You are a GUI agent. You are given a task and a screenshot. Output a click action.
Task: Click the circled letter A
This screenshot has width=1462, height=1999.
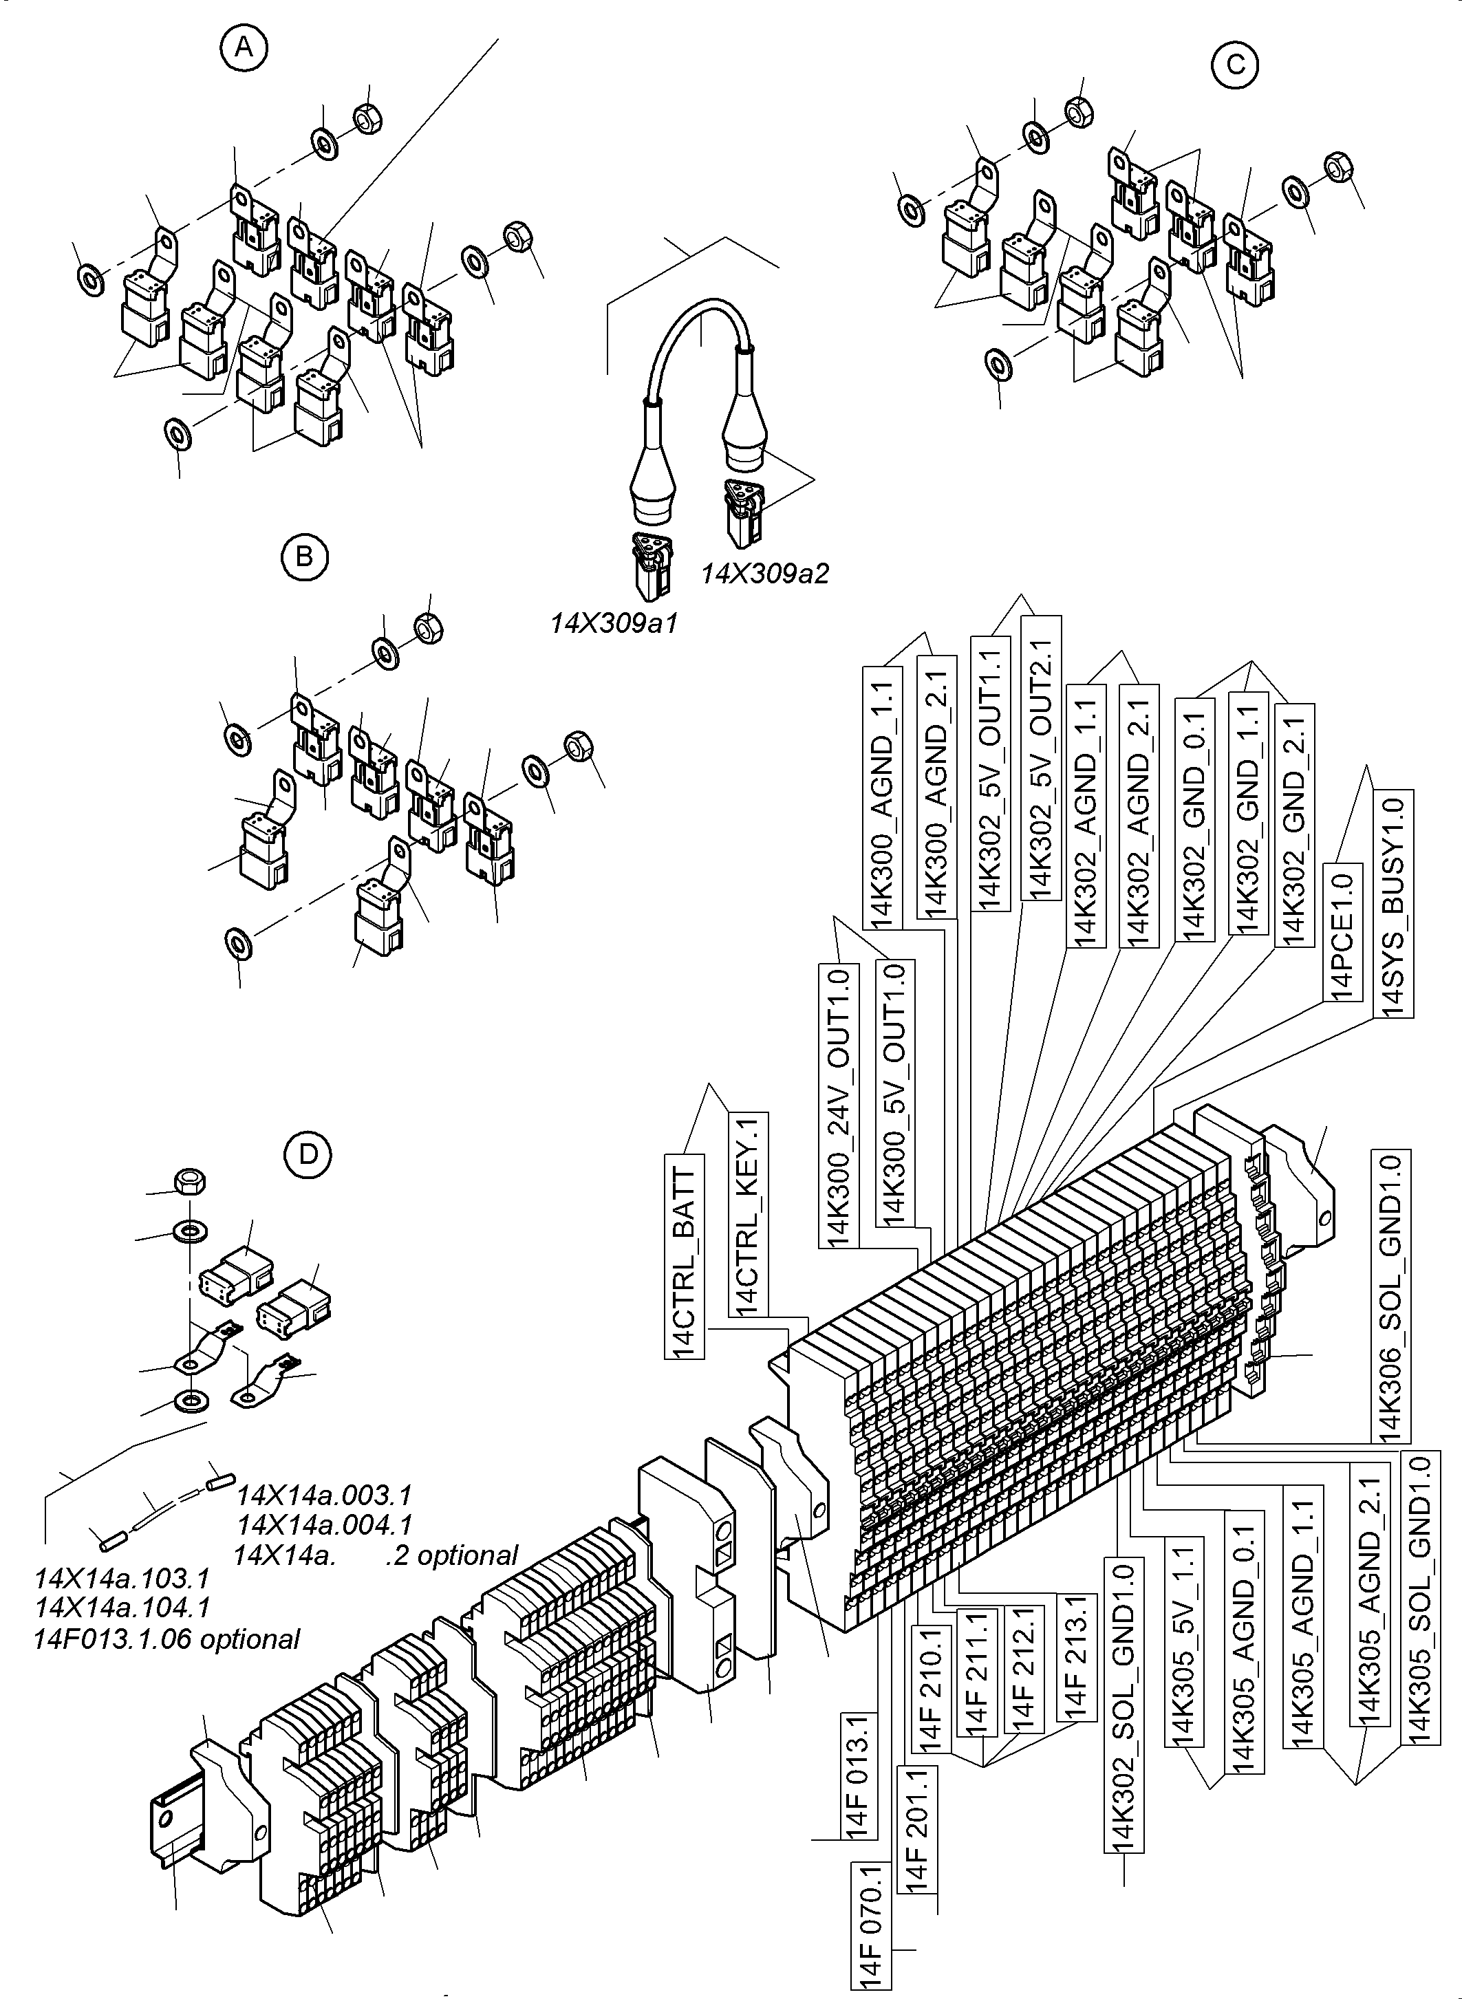[244, 50]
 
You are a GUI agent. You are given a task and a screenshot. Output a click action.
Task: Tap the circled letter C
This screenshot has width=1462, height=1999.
[1236, 65]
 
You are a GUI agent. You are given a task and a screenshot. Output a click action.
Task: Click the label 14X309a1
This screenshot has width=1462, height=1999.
[613, 624]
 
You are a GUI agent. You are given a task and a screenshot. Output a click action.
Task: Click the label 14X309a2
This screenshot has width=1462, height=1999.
[764, 574]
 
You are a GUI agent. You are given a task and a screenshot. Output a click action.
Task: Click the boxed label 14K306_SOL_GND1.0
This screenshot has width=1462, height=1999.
[1390, 1297]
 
